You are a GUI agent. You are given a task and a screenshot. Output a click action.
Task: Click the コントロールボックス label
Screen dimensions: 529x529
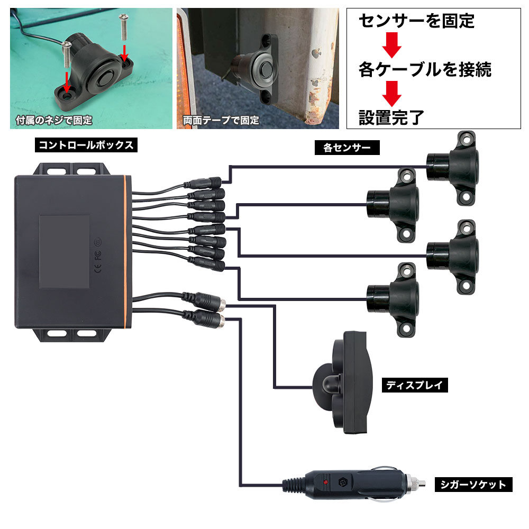click(85, 144)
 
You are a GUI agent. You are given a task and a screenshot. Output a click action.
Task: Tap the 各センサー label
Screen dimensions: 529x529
click(346, 148)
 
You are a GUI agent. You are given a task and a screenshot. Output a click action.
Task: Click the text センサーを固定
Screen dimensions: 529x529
click(417, 22)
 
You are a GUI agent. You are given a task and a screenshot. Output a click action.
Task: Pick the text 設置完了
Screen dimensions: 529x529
click(391, 116)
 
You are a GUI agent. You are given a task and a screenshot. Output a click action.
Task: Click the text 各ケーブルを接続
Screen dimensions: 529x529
click(425, 69)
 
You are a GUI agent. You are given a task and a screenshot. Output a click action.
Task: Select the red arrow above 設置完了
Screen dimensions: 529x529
click(392, 93)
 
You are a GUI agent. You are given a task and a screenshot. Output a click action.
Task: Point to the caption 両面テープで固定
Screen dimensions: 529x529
click(221, 121)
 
